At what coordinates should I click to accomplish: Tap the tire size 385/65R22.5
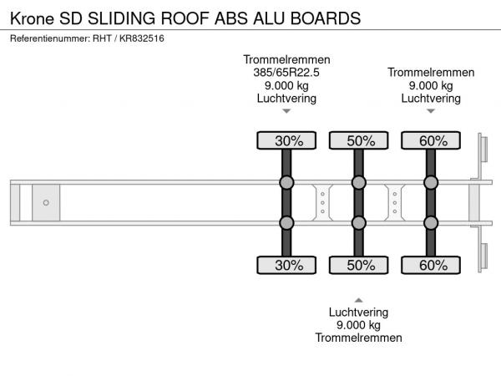coord(286,72)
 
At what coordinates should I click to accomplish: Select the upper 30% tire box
coord(286,140)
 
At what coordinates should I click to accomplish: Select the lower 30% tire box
coord(286,266)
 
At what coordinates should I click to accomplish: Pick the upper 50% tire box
coord(359,140)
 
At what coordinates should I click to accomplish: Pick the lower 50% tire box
coord(359,266)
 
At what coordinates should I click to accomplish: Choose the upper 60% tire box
coord(432,140)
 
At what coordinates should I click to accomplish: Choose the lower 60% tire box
coord(432,266)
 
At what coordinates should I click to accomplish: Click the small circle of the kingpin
coord(46,202)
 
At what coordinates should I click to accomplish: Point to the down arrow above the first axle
coord(286,111)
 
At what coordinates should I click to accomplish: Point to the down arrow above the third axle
coord(431,111)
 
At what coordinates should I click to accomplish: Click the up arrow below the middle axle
coord(358,299)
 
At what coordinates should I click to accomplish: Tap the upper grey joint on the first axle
coord(286,182)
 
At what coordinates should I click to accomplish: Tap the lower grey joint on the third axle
coord(431,222)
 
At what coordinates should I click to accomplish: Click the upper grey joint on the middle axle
coord(359,182)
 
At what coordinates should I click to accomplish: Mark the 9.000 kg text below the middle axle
coord(358,325)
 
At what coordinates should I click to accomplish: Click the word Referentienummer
coord(48,38)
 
